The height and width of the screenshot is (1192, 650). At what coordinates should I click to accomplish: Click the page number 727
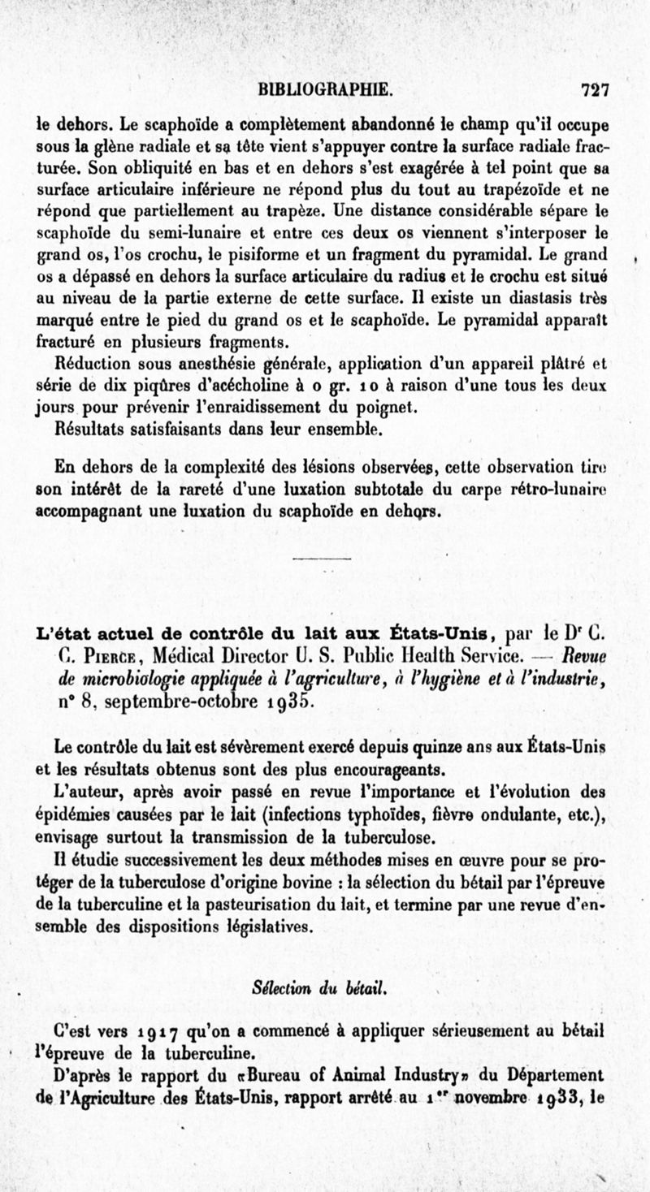[x=596, y=89]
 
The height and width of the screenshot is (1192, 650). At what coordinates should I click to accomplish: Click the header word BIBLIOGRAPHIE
[x=326, y=89]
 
